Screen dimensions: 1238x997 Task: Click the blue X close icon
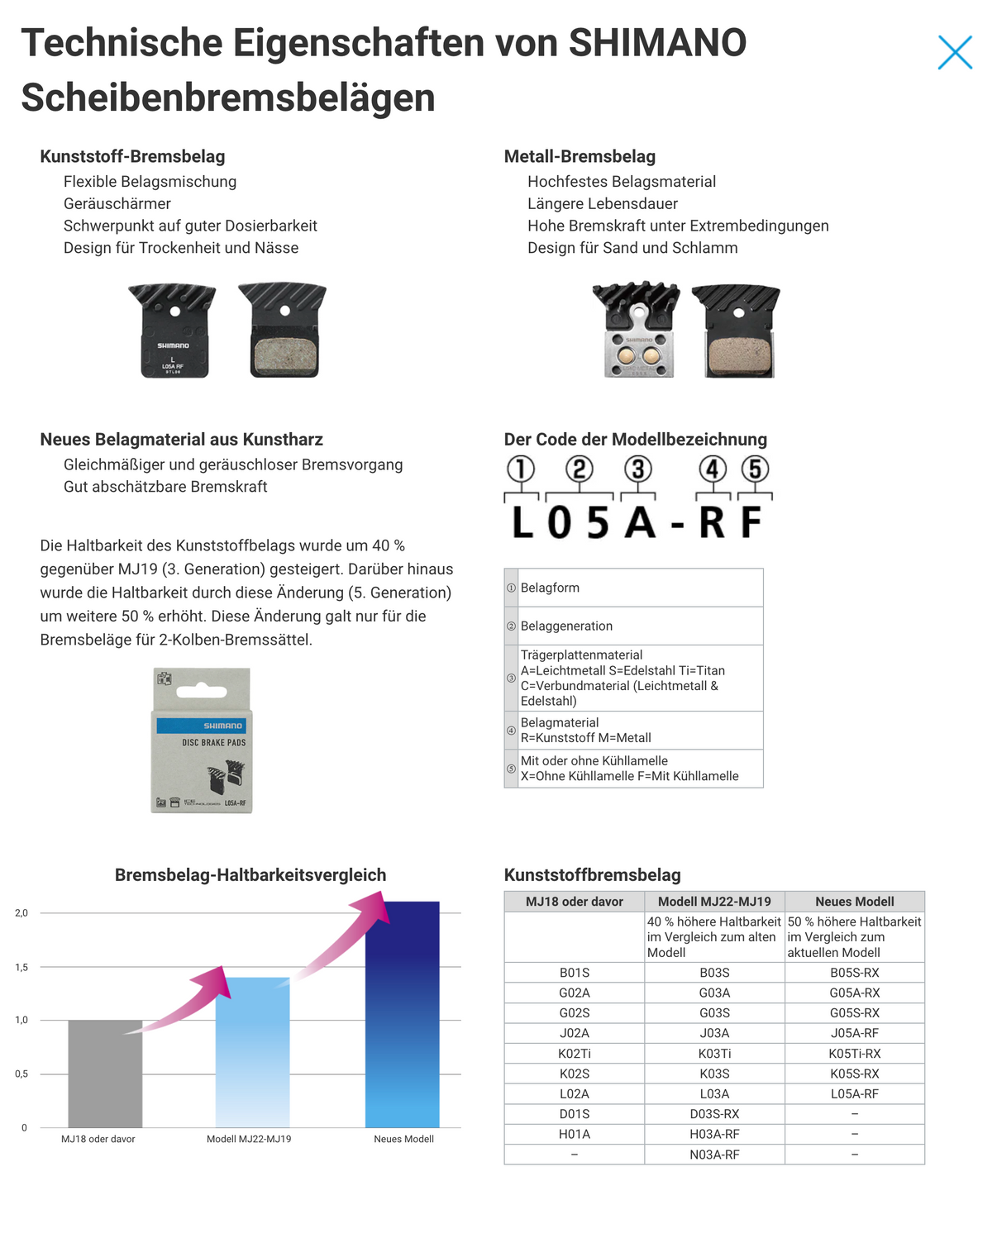pos(955,52)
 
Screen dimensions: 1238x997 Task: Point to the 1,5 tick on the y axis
pos(21,967)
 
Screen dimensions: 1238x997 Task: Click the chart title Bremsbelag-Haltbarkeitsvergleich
pos(250,874)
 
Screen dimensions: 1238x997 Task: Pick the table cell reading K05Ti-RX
pos(854,1054)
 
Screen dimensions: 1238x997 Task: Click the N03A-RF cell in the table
pos(714,1155)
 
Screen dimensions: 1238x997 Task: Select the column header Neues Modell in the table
pos(854,902)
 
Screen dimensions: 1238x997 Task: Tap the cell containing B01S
pos(575,973)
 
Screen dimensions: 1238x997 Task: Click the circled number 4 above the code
pos(713,469)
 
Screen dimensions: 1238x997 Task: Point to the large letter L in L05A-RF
pos(522,522)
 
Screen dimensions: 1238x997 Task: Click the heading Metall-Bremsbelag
pos(580,156)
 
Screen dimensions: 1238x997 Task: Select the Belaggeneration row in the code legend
pos(633,626)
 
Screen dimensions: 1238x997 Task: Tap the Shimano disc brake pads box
pos(201,740)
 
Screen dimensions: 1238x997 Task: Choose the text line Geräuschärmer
pos(117,203)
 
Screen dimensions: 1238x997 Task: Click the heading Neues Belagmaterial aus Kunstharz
pos(181,440)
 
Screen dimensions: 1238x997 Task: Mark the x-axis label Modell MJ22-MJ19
pos(249,1139)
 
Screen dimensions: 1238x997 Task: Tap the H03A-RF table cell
pos(714,1134)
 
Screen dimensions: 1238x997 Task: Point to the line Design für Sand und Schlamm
pos(632,248)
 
